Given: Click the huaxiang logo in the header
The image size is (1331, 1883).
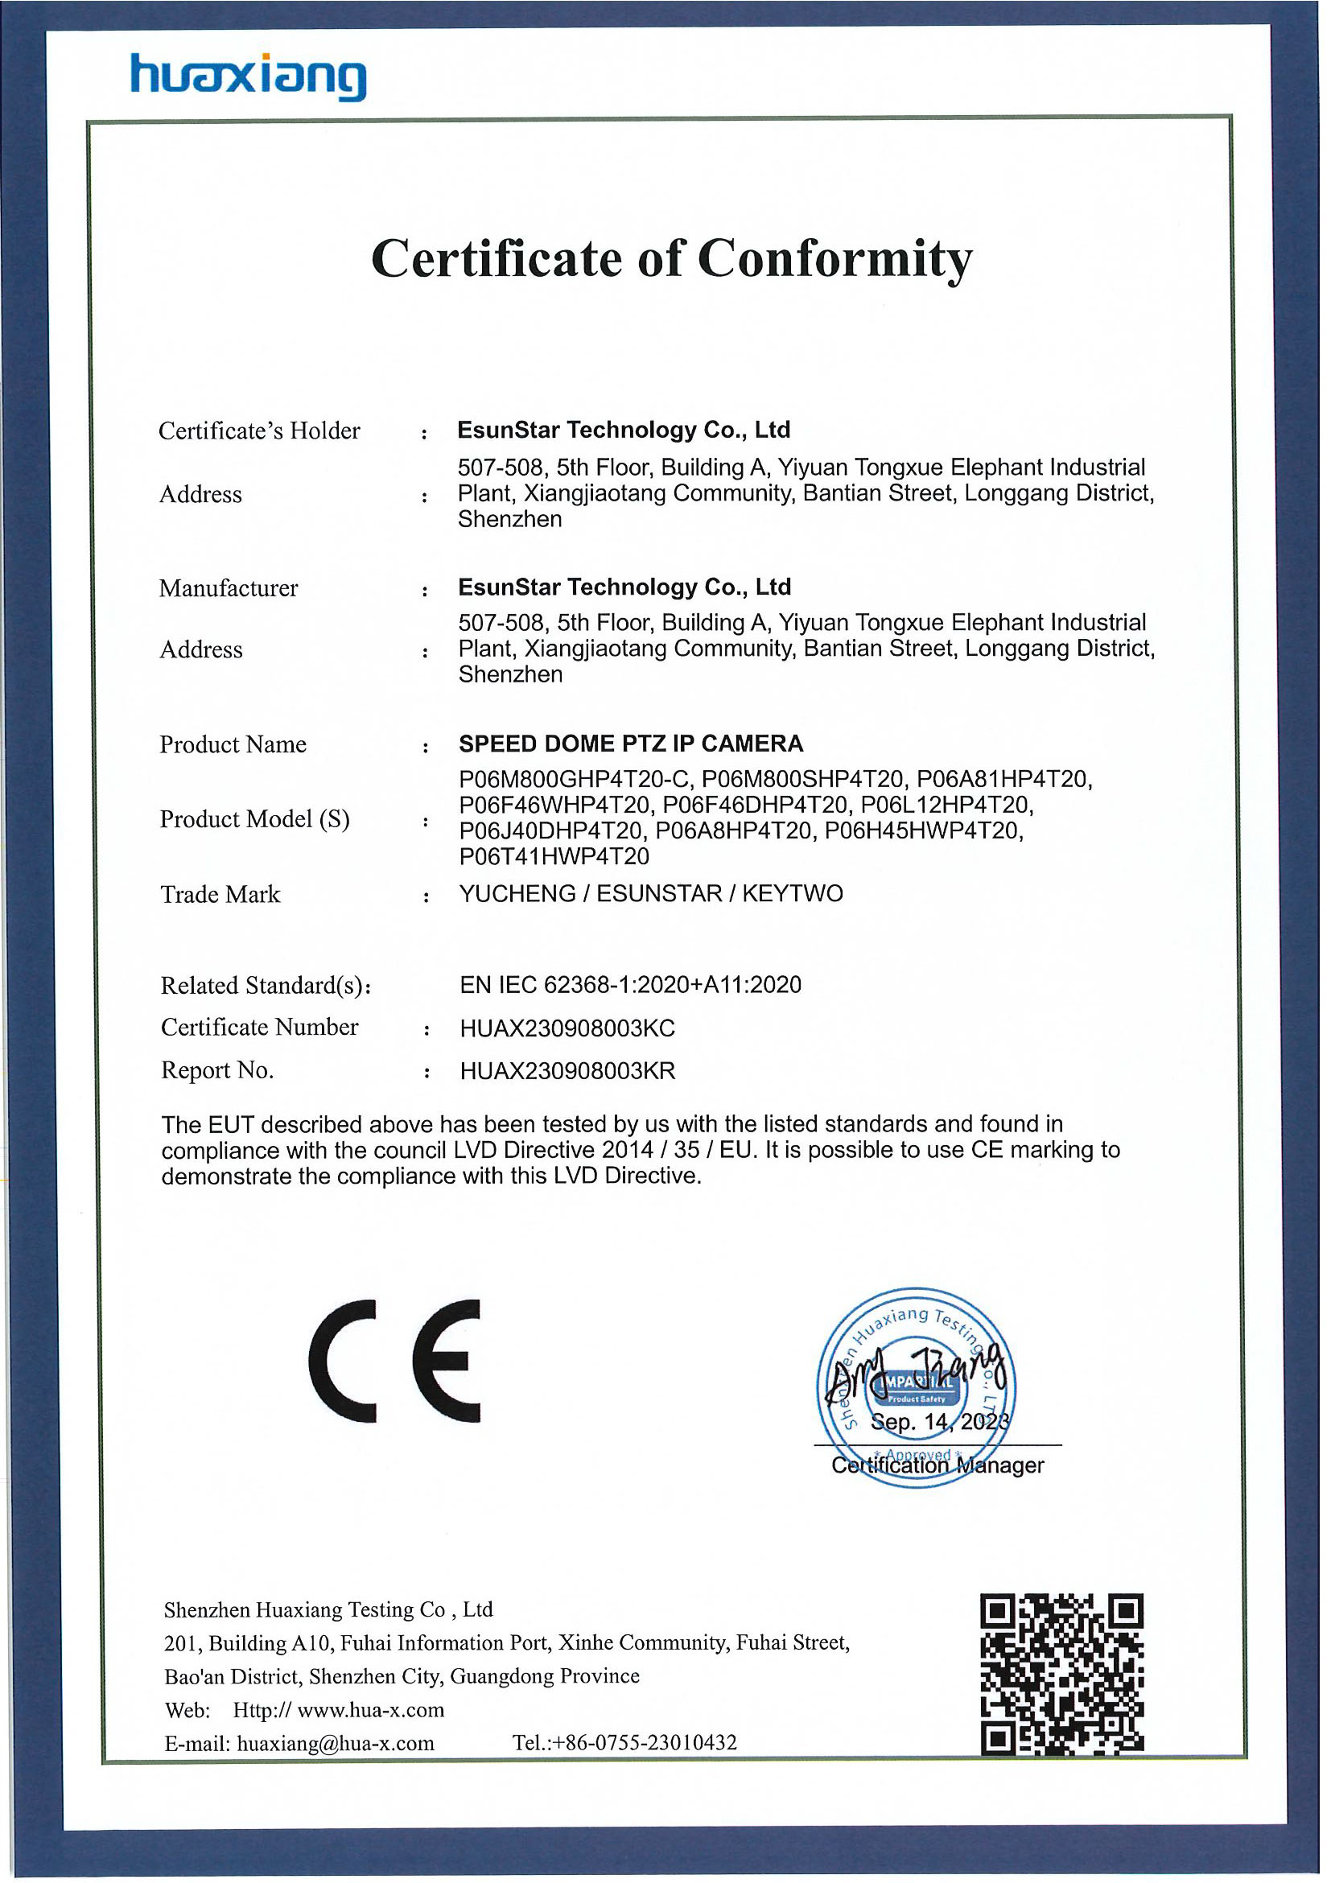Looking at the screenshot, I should (x=249, y=79).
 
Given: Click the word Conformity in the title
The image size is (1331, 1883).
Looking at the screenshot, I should (x=834, y=259).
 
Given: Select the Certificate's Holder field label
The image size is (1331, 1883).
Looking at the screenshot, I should (x=259, y=431).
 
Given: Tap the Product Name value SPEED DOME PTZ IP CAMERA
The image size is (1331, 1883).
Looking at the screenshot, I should (x=631, y=744).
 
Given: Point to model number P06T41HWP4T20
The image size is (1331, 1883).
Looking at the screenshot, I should (x=554, y=857).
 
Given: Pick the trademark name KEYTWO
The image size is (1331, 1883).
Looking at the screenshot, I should (x=792, y=894).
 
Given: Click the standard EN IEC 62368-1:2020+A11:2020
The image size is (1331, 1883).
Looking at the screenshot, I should (x=631, y=985).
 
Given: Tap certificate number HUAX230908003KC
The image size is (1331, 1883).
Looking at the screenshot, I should (x=567, y=1028).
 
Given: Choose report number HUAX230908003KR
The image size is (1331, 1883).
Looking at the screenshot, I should (x=567, y=1071).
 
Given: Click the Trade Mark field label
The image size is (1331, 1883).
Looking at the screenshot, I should (x=220, y=894).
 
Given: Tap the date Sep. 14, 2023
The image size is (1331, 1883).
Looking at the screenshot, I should (x=938, y=1422).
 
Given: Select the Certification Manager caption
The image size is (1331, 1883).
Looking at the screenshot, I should (x=937, y=1465).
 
